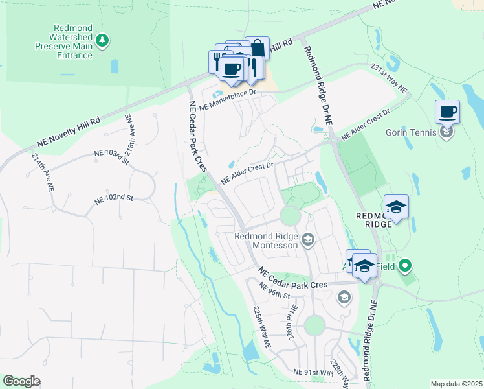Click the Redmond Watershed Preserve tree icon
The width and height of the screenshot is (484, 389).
point(102,41)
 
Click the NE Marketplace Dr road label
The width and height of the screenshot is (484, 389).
point(228,99)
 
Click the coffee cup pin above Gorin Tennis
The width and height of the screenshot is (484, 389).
point(448,112)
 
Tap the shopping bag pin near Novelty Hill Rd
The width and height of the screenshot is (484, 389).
point(257,49)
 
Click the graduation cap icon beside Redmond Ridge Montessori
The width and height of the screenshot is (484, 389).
point(308,241)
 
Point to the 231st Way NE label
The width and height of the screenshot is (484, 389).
point(388,78)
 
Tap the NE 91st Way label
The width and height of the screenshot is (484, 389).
point(313,373)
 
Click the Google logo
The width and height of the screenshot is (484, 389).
point(21,381)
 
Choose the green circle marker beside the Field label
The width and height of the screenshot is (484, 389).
point(405,265)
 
